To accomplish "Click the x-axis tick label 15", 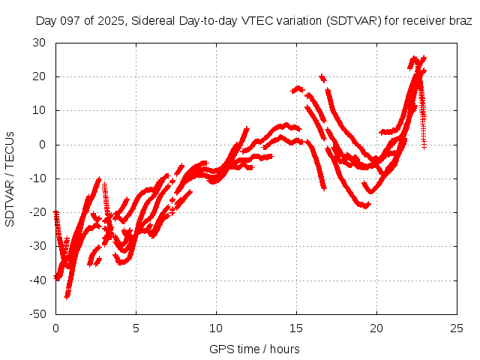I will tap(297, 328).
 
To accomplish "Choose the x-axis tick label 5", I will tap(136, 328).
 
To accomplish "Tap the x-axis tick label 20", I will tap(377, 328).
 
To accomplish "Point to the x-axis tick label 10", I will tap(216, 328).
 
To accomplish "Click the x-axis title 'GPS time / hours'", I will tap(254, 349).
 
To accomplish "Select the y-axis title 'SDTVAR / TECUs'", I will tap(10, 178).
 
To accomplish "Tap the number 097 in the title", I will tap(69, 21).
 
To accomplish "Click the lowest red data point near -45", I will tap(67, 296).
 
